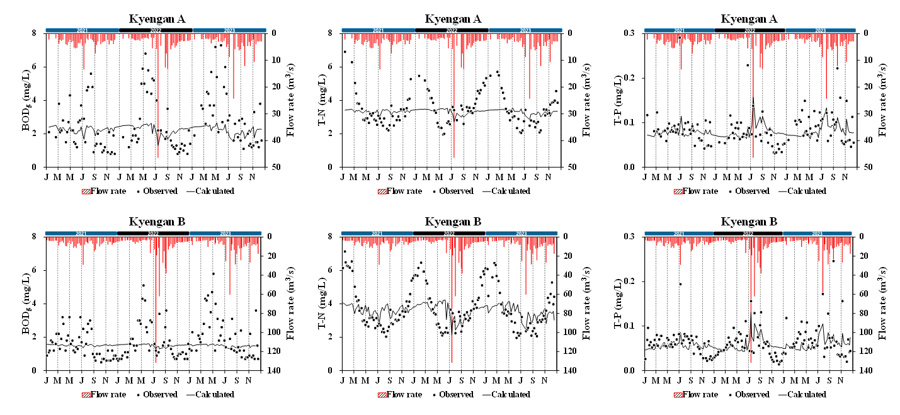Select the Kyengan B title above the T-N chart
[453, 222]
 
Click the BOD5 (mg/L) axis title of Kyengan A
[28, 100]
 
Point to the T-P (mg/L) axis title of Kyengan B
[619, 304]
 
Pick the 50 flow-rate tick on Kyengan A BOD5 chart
[275, 168]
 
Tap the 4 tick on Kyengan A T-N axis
[336, 100]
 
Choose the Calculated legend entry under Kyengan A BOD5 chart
[210, 191]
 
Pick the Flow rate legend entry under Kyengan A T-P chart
[695, 191]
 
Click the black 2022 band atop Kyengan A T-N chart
[452, 30]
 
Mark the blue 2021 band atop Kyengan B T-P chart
[678, 233]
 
